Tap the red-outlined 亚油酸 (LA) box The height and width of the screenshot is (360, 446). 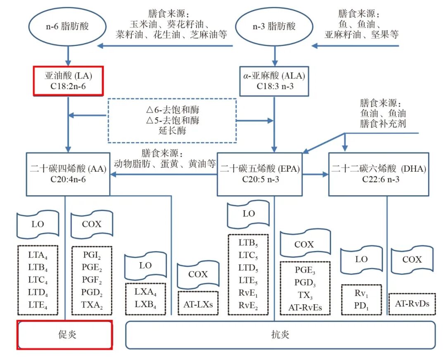tap(67, 81)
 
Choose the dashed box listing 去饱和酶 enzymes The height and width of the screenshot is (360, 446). tap(172, 121)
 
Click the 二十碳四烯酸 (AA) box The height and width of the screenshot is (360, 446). tap(68, 174)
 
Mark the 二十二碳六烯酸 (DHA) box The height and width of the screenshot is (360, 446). tap(379, 174)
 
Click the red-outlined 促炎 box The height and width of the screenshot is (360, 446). tap(64, 334)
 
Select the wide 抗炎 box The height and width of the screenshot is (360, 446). tap(280, 334)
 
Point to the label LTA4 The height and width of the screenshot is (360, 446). tap(38, 254)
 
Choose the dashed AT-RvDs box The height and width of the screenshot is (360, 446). tap(412, 303)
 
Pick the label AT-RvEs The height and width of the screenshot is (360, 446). tap(305, 307)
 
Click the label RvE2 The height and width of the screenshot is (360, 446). tap(249, 306)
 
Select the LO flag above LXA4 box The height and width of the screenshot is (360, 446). tap(145, 265)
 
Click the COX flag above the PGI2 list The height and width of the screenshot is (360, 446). tap(92, 225)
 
